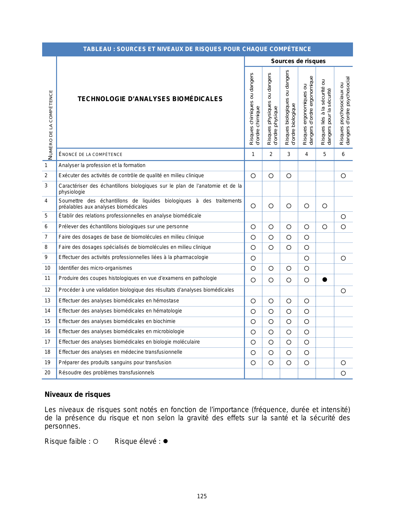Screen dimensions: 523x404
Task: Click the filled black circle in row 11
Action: click(x=324, y=280)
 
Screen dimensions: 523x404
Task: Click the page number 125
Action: click(x=202, y=496)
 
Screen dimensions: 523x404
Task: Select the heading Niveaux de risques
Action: click(x=78, y=394)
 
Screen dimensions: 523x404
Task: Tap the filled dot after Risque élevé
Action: click(x=165, y=441)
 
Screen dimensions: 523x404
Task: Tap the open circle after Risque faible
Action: click(x=95, y=441)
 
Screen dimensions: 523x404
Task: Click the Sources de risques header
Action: click(x=298, y=61)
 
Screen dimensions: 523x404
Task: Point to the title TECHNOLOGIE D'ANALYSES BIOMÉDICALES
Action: click(x=150, y=99)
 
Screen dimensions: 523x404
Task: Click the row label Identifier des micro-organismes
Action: click(x=95, y=268)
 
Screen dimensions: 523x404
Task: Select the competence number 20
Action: click(x=48, y=373)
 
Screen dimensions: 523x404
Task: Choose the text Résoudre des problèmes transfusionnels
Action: click(x=106, y=373)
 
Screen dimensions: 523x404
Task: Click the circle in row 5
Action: click(x=343, y=217)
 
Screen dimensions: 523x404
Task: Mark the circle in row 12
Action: click(x=343, y=291)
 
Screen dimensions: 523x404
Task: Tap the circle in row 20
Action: click(x=343, y=373)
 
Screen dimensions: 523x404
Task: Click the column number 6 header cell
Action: click(x=343, y=154)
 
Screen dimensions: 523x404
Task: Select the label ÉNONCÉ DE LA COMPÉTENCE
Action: click(x=91, y=154)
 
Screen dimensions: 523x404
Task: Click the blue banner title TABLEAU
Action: click(x=197, y=49)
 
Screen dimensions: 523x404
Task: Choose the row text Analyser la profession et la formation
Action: click(x=102, y=165)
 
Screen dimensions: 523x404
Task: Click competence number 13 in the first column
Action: click(x=48, y=301)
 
